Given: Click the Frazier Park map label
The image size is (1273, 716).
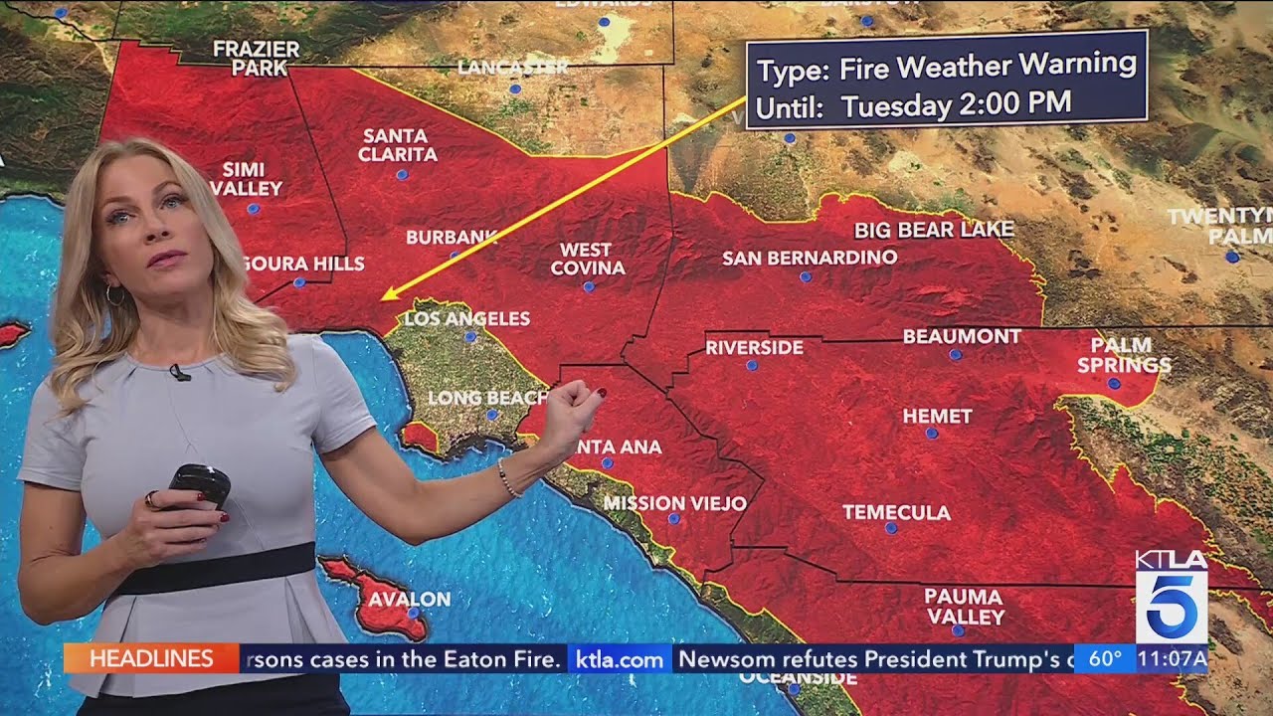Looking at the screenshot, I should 256,59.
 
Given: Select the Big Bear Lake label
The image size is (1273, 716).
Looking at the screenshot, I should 934,230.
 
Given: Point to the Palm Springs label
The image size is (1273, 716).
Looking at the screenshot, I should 1123,355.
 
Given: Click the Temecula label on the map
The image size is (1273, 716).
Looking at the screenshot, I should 896,513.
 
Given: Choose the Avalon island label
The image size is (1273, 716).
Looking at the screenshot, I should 409,600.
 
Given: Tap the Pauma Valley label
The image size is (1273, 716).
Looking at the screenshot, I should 963,606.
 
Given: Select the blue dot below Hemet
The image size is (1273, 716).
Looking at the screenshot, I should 932,434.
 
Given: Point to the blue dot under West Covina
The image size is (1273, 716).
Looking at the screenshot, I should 588,286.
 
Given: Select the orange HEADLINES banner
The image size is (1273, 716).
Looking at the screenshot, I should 151,658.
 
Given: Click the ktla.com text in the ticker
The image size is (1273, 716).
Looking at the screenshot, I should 620,659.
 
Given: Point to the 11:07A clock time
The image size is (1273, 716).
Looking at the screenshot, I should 1172,658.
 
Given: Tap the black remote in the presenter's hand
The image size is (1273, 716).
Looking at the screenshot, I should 198,484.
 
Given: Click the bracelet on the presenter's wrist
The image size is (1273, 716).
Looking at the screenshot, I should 508,477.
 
